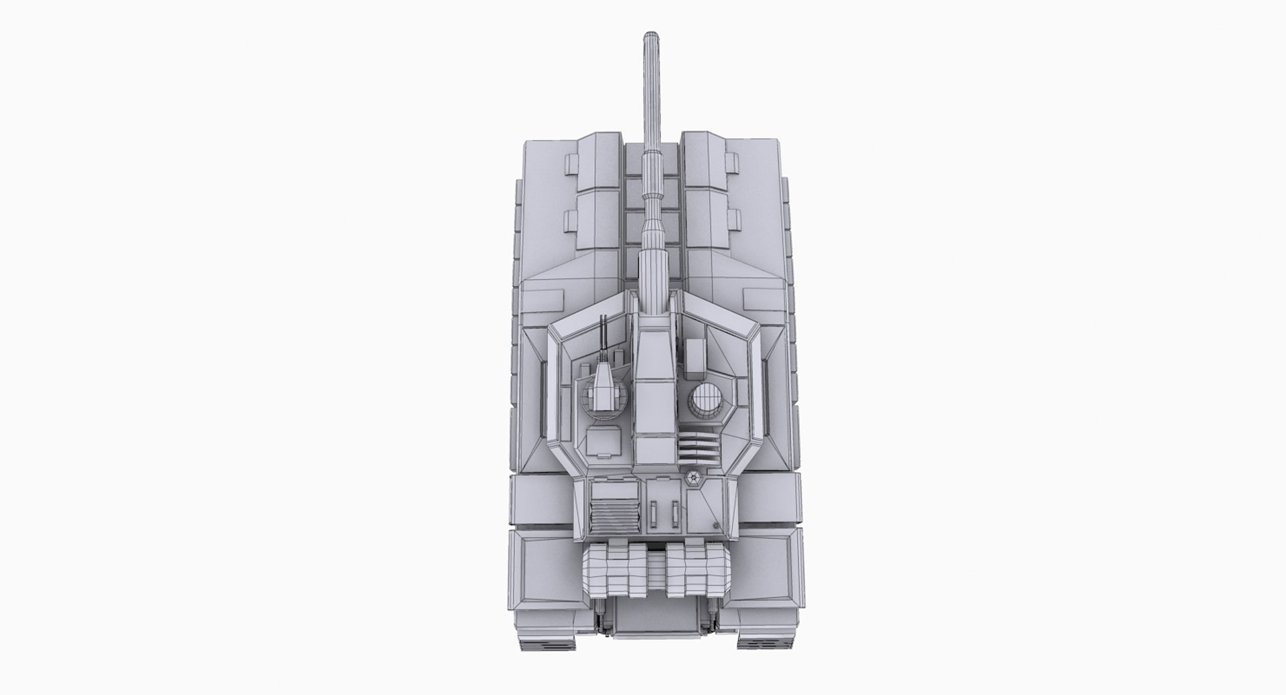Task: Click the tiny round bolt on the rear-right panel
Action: coord(717,526)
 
